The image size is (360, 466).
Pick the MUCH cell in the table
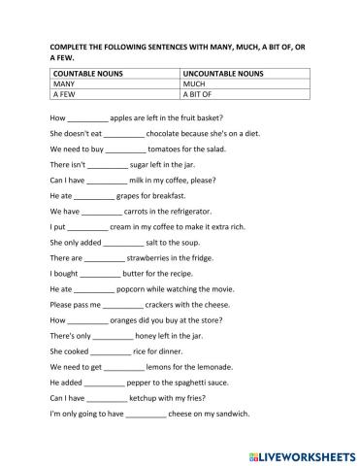pyautogui.click(x=195, y=84)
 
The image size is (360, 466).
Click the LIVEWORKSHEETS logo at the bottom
pyautogui.click(x=301, y=454)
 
